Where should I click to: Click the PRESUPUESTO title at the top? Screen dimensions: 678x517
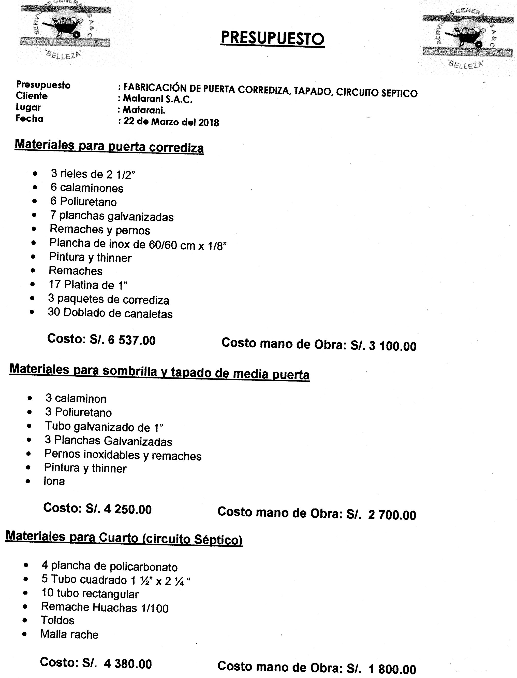pos(272,38)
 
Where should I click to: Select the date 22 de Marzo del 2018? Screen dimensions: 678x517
pos(171,122)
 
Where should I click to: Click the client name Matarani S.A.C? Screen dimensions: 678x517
pos(158,99)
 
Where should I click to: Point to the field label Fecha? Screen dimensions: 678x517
pos(29,119)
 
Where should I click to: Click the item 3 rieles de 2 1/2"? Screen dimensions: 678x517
pos(93,174)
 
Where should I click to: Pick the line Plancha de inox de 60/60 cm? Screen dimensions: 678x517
pos(138,245)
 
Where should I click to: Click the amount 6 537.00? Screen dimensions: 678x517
pos(132,340)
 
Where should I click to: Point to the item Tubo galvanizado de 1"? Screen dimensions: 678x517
pos(104,427)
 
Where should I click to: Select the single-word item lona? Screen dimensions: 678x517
pos(54,481)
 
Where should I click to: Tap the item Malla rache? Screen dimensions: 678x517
pos(69,634)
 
